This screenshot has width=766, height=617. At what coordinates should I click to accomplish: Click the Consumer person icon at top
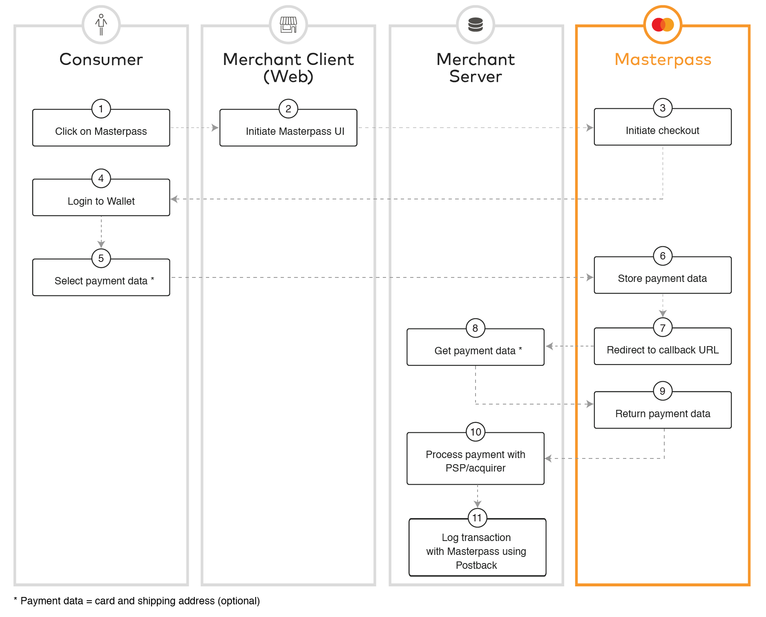point(101,25)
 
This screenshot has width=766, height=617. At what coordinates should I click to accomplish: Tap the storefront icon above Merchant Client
point(288,25)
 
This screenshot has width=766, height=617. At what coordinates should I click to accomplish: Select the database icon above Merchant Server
point(475,25)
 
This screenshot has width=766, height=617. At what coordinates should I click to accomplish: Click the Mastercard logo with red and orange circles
point(662,25)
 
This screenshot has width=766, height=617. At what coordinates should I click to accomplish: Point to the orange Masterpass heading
point(663,60)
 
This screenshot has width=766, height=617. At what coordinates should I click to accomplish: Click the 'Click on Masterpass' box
point(101,131)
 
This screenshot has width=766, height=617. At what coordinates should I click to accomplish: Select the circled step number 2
point(288,109)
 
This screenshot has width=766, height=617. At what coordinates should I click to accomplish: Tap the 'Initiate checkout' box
point(662,130)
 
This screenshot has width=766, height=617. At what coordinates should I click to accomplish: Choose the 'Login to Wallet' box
point(101,201)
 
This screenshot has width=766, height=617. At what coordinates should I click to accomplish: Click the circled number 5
point(101,258)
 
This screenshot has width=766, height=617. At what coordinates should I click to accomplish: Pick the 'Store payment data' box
point(662,278)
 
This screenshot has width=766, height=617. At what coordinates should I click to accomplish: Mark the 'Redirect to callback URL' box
point(662,349)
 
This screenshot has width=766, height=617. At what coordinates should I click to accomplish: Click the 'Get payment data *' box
point(475,350)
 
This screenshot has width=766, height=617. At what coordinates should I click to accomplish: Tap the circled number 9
point(662,391)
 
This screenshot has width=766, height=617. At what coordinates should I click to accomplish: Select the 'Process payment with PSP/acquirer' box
point(475,461)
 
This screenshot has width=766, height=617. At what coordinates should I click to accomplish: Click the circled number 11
point(477,518)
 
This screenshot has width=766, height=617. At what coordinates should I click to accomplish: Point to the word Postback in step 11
point(476,565)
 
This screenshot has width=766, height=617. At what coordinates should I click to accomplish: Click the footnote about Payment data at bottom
point(137,601)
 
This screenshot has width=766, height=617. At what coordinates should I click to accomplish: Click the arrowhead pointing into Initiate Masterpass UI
point(215,127)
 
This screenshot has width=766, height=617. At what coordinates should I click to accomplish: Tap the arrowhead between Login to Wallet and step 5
point(101,244)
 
